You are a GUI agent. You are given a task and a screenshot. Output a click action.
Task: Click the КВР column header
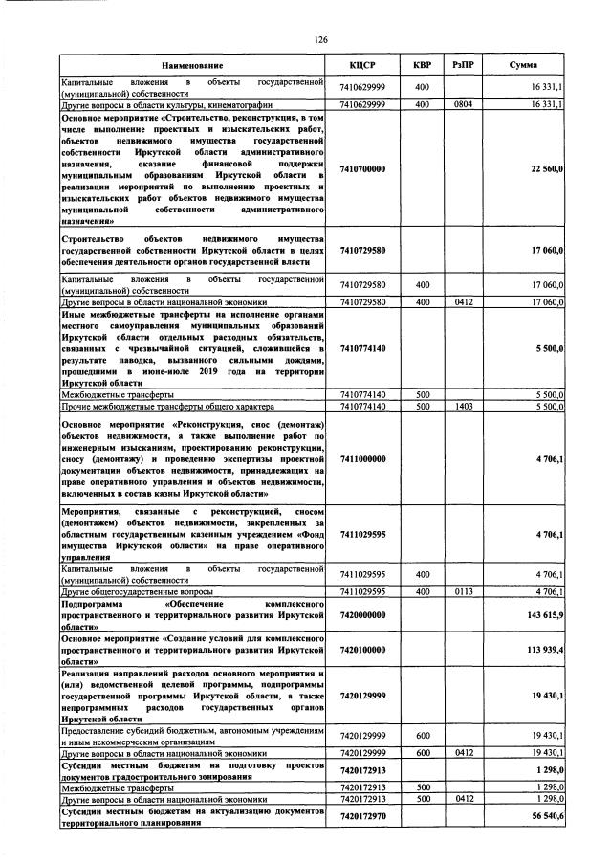click(421, 66)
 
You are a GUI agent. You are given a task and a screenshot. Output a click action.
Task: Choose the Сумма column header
click(522, 66)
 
